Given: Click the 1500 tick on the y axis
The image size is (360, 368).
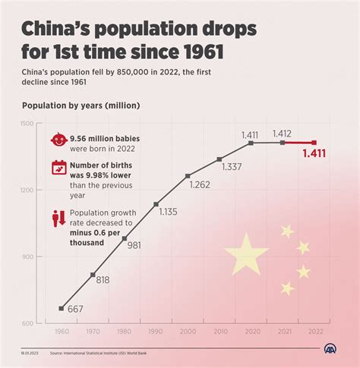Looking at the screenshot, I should [26, 123].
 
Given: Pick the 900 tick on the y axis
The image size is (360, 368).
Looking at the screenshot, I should [27, 256].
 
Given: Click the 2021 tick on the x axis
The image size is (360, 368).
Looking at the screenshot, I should [283, 332].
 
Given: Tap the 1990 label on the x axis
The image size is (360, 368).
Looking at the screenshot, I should [156, 332].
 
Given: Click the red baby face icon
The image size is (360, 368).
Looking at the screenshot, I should [58, 141].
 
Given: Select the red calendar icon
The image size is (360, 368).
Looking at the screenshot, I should [58, 169].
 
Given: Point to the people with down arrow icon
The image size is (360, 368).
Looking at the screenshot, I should [58, 218].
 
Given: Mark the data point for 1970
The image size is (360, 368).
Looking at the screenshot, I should [93, 275].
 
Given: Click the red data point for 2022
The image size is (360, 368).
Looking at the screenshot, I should [314, 143].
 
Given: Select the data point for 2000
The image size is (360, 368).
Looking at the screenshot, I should [188, 176].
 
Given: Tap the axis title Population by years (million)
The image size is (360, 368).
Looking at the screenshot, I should [81, 105].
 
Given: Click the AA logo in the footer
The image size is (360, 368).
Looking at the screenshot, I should [331, 351].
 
